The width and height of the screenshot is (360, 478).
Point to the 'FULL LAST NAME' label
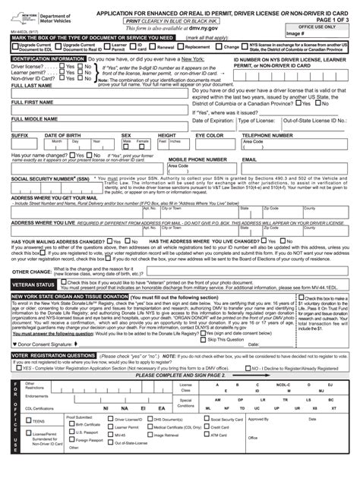(27, 86)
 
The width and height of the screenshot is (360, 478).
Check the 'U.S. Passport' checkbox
(71, 454)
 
